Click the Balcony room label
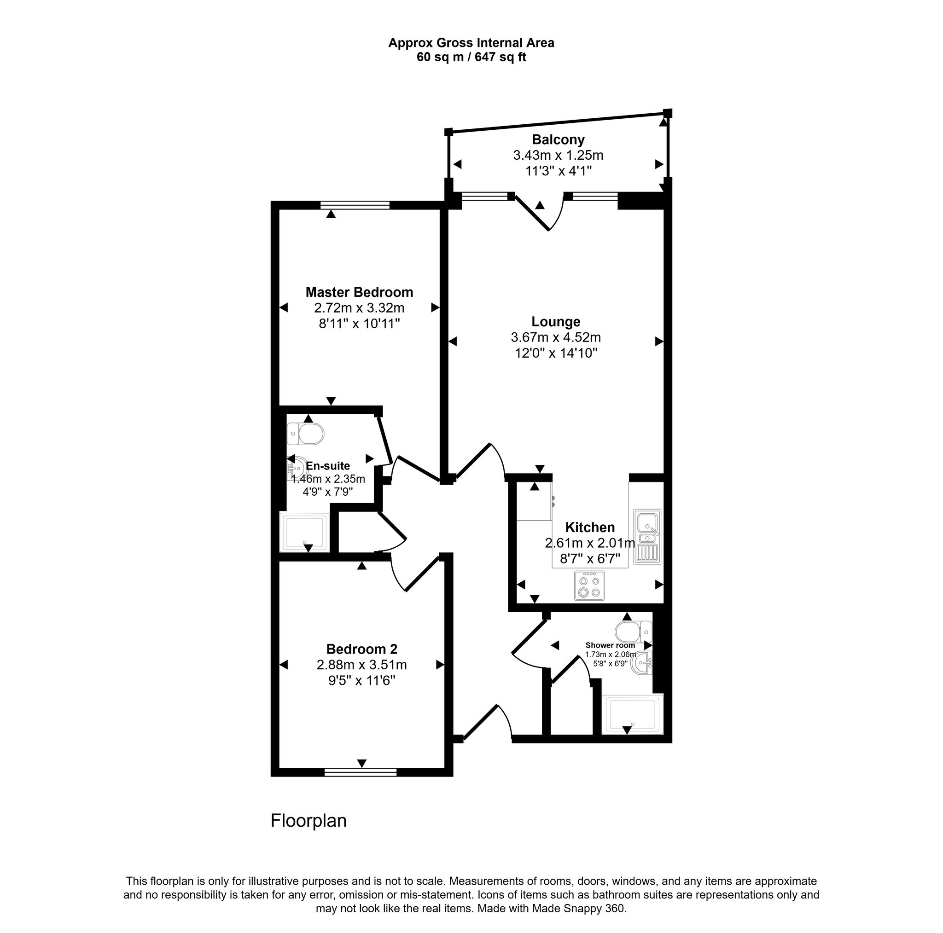click(x=558, y=140)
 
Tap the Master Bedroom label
click(x=359, y=292)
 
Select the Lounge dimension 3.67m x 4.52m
click(x=555, y=337)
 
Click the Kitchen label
click(x=590, y=527)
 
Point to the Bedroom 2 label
click(x=361, y=649)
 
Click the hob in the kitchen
click(x=589, y=585)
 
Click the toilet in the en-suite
click(x=307, y=434)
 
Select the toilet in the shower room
click(x=633, y=632)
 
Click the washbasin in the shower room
click(x=642, y=663)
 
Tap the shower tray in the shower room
click(x=633, y=714)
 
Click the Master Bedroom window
click(x=355, y=205)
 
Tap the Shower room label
click(x=610, y=645)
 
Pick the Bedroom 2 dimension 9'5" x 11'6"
click(x=361, y=680)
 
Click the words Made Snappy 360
click(x=578, y=909)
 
